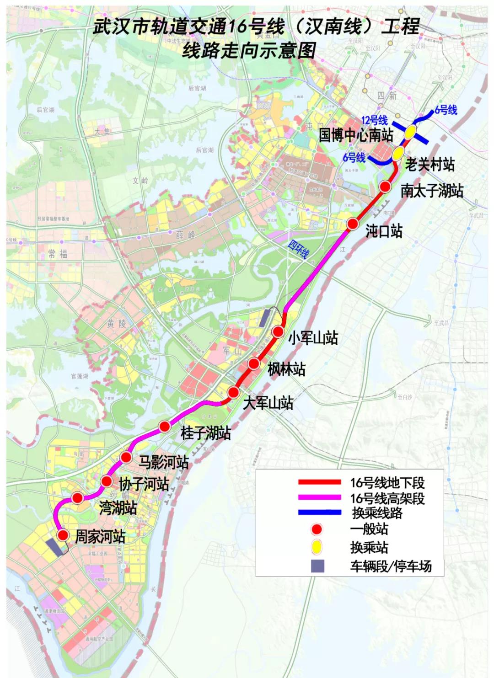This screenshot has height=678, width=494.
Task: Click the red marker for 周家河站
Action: pyautogui.click(x=63, y=535)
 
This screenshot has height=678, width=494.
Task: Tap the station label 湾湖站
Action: pyautogui.click(x=118, y=507)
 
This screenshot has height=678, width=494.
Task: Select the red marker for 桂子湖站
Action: pyautogui.click(x=165, y=427)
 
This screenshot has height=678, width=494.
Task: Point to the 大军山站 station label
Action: pyautogui.click(x=268, y=403)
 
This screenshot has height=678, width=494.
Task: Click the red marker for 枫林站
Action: pyautogui.click(x=254, y=363)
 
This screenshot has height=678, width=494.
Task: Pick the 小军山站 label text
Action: pyautogui.click(x=313, y=338)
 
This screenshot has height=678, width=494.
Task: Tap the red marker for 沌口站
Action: pyautogui.click(x=352, y=224)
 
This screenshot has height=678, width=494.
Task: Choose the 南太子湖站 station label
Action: pyautogui.click(x=432, y=190)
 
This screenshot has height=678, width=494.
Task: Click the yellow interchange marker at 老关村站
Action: pyautogui.click(x=398, y=154)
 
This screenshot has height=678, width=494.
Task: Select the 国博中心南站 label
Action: pyautogui.click(x=356, y=135)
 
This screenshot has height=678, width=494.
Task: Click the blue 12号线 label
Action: pyautogui.click(x=374, y=120)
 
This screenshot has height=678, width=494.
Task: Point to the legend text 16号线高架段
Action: pyautogui.click(x=387, y=498)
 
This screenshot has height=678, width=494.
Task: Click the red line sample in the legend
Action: pyautogui.click(x=319, y=482)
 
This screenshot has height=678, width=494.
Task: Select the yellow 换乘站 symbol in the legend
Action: pyautogui.click(x=317, y=546)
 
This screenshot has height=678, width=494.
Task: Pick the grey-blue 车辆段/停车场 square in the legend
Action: pyautogui.click(x=317, y=566)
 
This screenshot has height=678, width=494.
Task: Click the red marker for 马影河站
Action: pyautogui.click(x=127, y=457)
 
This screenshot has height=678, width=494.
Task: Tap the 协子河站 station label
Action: pyautogui.click(x=144, y=484)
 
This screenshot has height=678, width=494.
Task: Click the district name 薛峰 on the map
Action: pyautogui.click(x=185, y=235)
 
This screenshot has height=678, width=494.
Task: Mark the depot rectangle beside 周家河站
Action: pyautogui.click(x=56, y=547)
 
